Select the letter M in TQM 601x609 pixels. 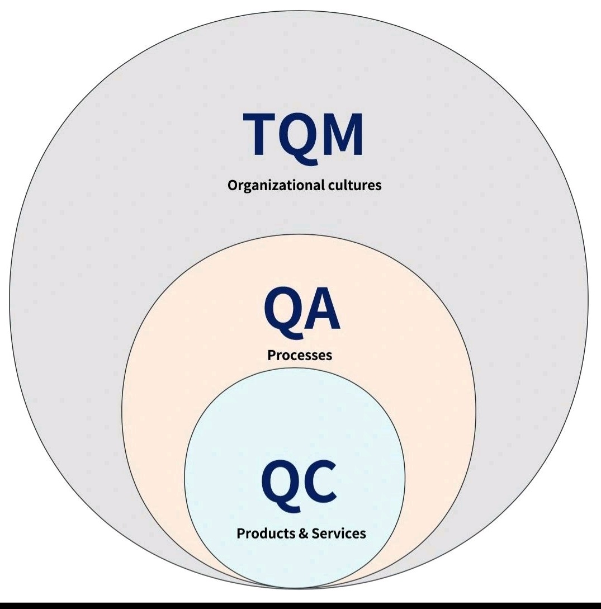pyautogui.click(x=343, y=134)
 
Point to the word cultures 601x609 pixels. pyautogui.click(x=354, y=185)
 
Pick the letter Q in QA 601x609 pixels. pyautogui.click(x=282, y=311)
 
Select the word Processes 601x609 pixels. pyautogui.click(x=300, y=355)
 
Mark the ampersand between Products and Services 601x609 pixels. pyautogui.click(x=304, y=534)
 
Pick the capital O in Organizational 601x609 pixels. pyautogui.click(x=233, y=186)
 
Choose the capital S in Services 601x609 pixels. pyautogui.click(x=315, y=534)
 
